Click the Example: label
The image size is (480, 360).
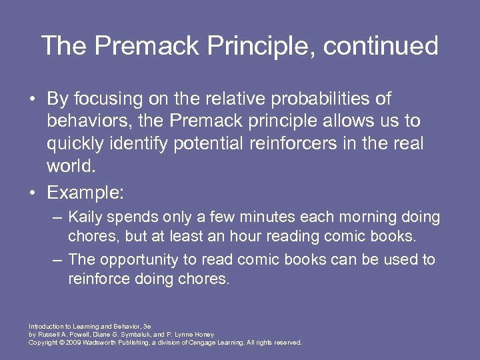85,193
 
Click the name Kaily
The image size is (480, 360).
84,217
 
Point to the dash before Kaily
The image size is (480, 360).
58,217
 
